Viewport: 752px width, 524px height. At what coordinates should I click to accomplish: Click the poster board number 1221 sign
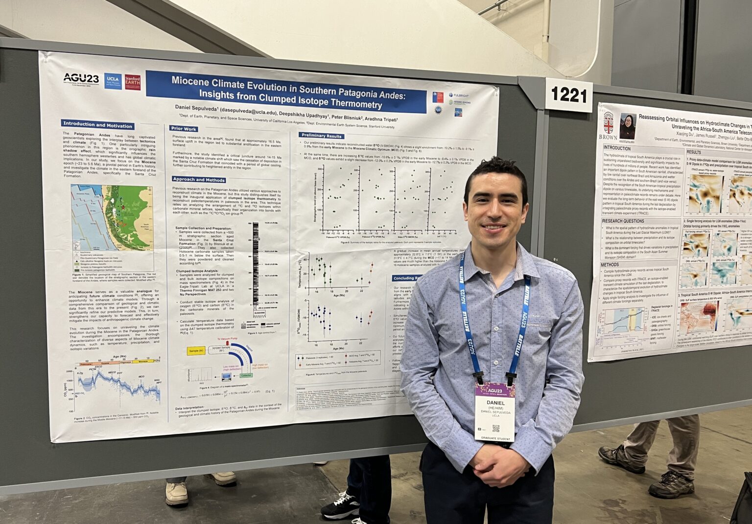pos(568,95)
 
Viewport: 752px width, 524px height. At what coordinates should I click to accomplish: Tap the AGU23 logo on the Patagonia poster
pos(81,78)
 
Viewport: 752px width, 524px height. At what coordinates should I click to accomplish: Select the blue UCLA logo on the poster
pos(113,81)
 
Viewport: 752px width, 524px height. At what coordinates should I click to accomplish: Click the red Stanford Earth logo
pos(132,82)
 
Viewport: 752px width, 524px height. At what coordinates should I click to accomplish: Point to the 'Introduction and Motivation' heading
pos(98,125)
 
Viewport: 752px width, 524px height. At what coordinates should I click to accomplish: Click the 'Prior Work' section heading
pos(184,129)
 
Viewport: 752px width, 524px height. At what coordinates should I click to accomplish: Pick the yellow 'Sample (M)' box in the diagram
pos(196,351)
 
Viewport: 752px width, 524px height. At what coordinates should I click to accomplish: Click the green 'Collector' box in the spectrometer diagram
pos(246,375)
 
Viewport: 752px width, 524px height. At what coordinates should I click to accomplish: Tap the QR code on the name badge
pos(495,428)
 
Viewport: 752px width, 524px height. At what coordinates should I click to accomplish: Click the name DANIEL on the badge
pos(495,403)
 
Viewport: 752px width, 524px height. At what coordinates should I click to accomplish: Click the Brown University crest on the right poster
pos(608,120)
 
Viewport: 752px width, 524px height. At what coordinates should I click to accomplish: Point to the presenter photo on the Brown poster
pos(628,126)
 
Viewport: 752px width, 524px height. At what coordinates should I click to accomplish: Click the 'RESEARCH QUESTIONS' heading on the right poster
pos(623,221)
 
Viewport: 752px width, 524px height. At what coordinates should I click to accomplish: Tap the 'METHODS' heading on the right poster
pos(610,264)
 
